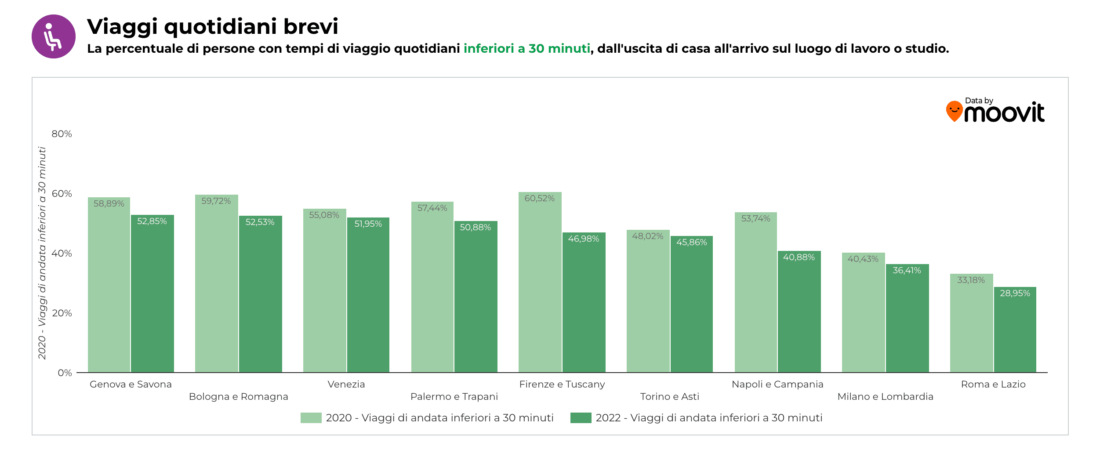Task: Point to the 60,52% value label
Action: pos(539,199)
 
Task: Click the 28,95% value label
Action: pos(1015,294)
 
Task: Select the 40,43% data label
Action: pos(863,259)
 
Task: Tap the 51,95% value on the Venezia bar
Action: pos(368,224)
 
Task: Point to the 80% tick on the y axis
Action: pos(62,134)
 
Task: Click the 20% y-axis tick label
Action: pos(62,313)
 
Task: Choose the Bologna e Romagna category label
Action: pos(238,397)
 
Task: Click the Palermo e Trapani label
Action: pos(454,397)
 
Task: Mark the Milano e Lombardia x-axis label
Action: pos(885,397)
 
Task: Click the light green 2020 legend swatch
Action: pos(311,418)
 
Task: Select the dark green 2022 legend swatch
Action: pos(581,418)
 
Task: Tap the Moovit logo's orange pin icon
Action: pos(954,111)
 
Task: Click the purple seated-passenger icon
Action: pos(54,36)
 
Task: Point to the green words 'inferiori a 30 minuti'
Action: pos(526,49)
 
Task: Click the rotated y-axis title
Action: pos(42,253)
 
